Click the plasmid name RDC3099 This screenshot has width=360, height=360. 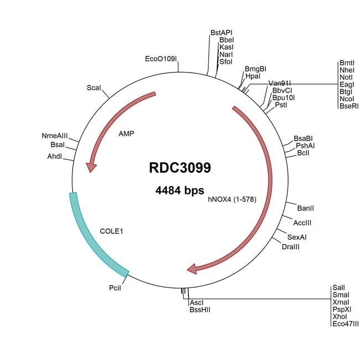[179, 167]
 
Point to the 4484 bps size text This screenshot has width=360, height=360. [179, 191]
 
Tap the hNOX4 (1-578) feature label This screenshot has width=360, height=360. [232, 199]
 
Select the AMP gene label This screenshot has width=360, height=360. [127, 133]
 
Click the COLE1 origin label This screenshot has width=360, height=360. [111, 230]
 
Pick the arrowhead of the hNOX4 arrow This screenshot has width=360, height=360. [193, 269]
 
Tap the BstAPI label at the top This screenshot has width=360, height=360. [222, 33]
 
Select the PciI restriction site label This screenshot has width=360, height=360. [115, 288]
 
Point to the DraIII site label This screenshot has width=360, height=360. [290, 245]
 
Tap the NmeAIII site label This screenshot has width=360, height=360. [54, 136]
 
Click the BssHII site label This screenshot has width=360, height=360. [200, 310]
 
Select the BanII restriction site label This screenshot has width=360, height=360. [306, 208]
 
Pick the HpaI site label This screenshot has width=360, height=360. [253, 76]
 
